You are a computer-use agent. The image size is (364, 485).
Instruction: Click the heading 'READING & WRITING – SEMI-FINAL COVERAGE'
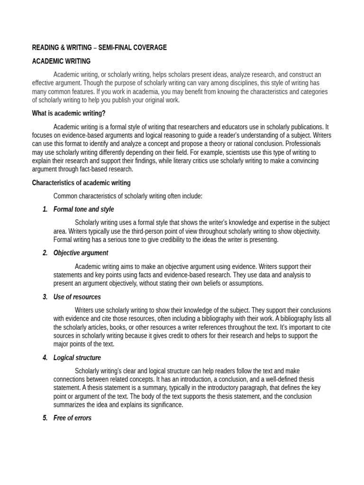tap(99, 47)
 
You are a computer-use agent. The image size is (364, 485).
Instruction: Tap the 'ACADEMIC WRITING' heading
tap(61, 61)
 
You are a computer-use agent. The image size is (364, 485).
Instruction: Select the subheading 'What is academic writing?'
tap(69, 113)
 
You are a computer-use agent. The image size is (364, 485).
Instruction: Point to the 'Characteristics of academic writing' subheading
tap(81, 183)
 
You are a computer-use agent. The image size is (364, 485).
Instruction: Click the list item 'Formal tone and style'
tap(83, 209)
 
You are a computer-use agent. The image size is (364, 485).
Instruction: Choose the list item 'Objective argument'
tap(81, 253)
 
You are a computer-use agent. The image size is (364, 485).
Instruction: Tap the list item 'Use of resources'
tap(77, 297)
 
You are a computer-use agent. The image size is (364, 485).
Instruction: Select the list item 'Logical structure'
tap(77, 358)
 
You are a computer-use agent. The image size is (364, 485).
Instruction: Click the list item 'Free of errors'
tap(73, 418)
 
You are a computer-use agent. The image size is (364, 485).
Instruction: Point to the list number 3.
tap(45, 297)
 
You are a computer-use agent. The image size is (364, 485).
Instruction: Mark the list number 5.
tap(45, 418)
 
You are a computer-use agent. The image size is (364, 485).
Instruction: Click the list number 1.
tap(45, 209)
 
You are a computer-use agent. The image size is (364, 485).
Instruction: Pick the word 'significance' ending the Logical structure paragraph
tap(166, 405)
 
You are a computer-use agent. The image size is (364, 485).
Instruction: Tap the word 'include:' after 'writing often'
tap(191, 196)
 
